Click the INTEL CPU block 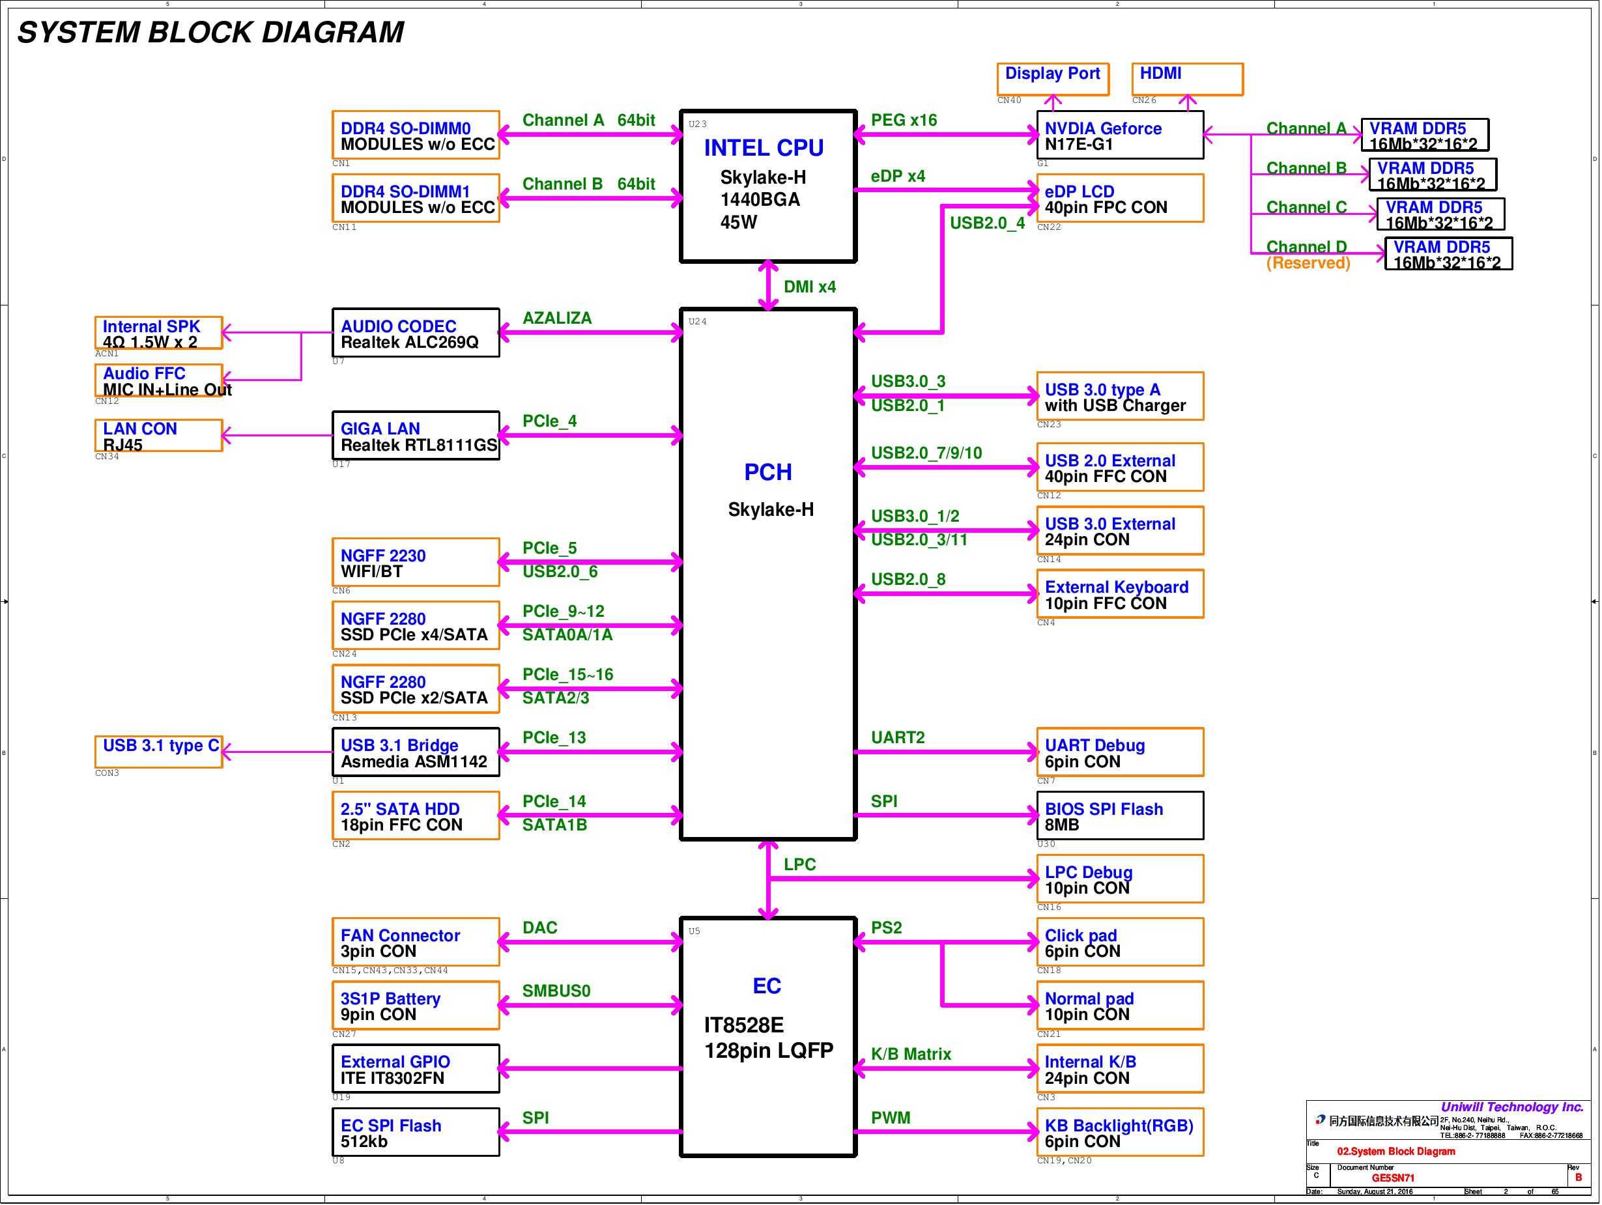pos(767,186)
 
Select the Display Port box pos(1052,78)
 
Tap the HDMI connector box pos(1187,78)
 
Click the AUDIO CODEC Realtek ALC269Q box pos(416,332)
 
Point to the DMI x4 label pos(809,287)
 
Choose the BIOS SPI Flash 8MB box pos(1120,815)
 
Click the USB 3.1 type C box pos(158,752)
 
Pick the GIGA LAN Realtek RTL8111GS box pos(416,435)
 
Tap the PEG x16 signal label pos(904,120)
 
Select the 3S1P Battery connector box pos(416,1005)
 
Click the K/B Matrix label pos(911,1054)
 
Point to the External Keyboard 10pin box pos(1120,594)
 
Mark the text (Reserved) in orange pos(1308,263)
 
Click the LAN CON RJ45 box pos(158,435)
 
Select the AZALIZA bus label pos(557,318)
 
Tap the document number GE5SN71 pos(1393,1178)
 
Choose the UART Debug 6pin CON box pos(1120,752)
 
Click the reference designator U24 pos(698,322)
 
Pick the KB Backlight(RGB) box pos(1120,1132)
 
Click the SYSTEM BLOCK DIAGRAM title pos(210,33)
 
